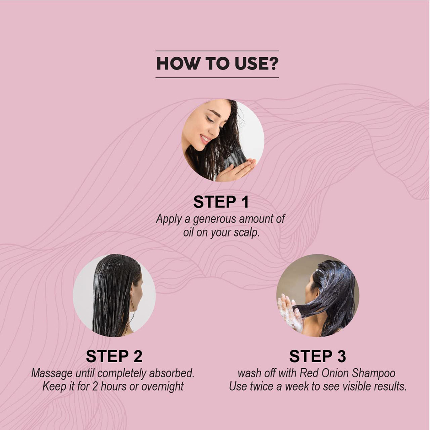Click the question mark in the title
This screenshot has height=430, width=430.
273,64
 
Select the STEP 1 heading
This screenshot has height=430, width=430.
221,202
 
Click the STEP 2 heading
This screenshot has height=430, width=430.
114,356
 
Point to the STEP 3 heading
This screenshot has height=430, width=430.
318,356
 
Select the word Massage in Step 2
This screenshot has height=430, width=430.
52,374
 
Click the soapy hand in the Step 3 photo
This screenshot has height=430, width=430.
290,312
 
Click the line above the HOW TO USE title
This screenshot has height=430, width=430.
217,51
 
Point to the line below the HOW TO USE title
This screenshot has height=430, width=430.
217,78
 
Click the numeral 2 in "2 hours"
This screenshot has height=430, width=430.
95,387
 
